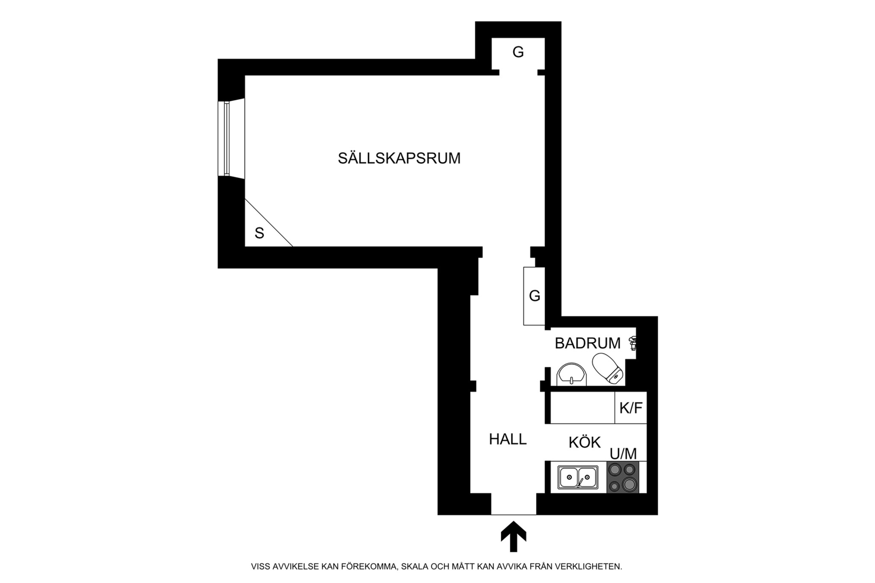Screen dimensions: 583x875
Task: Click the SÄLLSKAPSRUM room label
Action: pyautogui.click(x=399, y=158)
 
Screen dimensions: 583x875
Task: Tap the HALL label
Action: pyautogui.click(x=508, y=439)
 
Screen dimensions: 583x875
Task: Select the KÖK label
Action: pyautogui.click(x=584, y=442)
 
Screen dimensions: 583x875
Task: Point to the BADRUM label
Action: pyautogui.click(x=587, y=343)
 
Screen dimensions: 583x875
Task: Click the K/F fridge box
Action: pyautogui.click(x=631, y=408)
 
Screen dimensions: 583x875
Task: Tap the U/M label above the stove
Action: pyautogui.click(x=623, y=453)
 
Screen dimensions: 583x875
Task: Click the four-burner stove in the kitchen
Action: pyautogui.click(x=622, y=477)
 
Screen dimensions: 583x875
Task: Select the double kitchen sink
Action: pyautogui.click(x=578, y=477)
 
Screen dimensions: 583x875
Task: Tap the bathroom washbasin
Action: pyautogui.click(x=571, y=374)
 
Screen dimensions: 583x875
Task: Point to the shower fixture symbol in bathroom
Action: pyautogui.click(x=633, y=343)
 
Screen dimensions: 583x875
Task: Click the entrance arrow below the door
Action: pyautogui.click(x=513, y=536)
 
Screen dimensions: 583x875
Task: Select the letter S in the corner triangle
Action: pyautogui.click(x=259, y=233)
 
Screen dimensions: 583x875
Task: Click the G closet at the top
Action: pyautogui.click(x=518, y=53)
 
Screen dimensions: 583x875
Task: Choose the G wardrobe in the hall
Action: pyautogui.click(x=534, y=296)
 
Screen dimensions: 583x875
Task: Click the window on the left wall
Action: pyautogui.click(x=226, y=138)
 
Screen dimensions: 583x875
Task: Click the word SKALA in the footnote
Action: pyautogui.click(x=414, y=567)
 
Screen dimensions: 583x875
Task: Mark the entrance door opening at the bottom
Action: pyautogui.click(x=513, y=504)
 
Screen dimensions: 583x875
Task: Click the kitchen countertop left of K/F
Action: pyautogui.click(x=582, y=408)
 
